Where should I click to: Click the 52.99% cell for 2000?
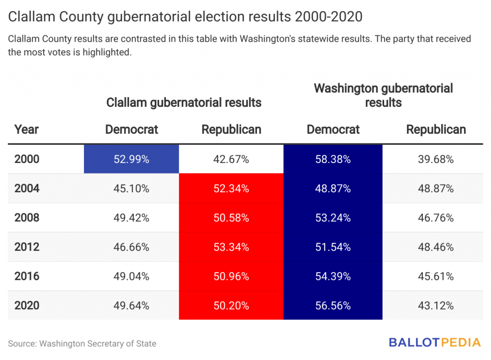131,159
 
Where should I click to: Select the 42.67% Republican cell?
231,159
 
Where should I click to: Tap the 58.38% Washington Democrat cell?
333,159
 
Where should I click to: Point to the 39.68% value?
435,159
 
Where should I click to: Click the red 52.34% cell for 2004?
231,188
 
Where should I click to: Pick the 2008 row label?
27,218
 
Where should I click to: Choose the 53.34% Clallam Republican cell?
231,247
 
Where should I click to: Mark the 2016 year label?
27,276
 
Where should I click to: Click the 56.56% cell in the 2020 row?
333,305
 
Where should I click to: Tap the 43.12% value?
435,305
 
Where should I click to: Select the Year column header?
27,129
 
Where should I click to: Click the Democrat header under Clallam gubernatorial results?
131,129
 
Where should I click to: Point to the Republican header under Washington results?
436,129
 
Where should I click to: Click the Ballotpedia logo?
434,342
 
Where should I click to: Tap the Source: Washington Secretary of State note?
82,344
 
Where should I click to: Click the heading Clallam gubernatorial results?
184,103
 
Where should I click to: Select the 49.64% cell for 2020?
131,305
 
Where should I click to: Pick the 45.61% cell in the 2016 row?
435,276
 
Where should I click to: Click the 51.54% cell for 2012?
333,247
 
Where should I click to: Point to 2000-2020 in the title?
328,17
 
